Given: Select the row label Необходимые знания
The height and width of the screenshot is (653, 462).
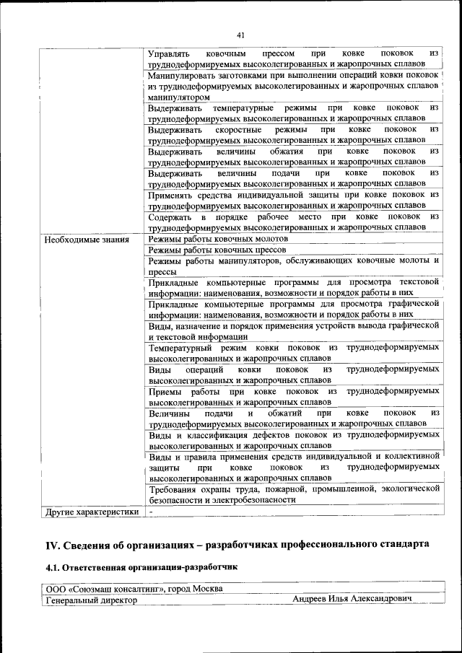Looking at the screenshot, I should click(87, 240).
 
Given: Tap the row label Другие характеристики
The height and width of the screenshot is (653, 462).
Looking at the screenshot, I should click(92, 512).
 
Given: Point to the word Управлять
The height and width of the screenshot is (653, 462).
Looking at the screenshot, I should click(168, 53).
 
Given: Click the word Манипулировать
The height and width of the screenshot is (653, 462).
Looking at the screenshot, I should click(181, 75).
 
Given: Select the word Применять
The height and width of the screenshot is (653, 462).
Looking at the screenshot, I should click(170, 195).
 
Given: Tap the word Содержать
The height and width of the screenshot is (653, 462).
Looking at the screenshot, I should click(170, 216).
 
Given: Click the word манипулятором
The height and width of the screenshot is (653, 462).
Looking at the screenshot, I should click(179, 97).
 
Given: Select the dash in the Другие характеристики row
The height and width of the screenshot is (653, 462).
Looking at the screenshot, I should click(151, 512).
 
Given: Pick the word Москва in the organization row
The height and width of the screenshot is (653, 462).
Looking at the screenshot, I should click(205, 589).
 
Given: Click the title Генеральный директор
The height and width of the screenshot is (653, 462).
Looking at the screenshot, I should click(91, 600).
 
